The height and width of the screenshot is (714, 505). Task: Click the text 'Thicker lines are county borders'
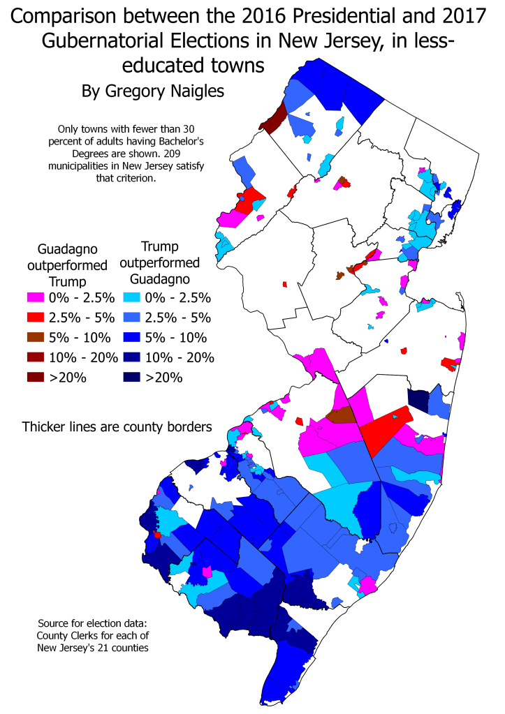point(116,426)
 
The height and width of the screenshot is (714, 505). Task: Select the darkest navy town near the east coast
point(418,401)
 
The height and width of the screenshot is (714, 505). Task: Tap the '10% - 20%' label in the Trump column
point(182,358)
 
